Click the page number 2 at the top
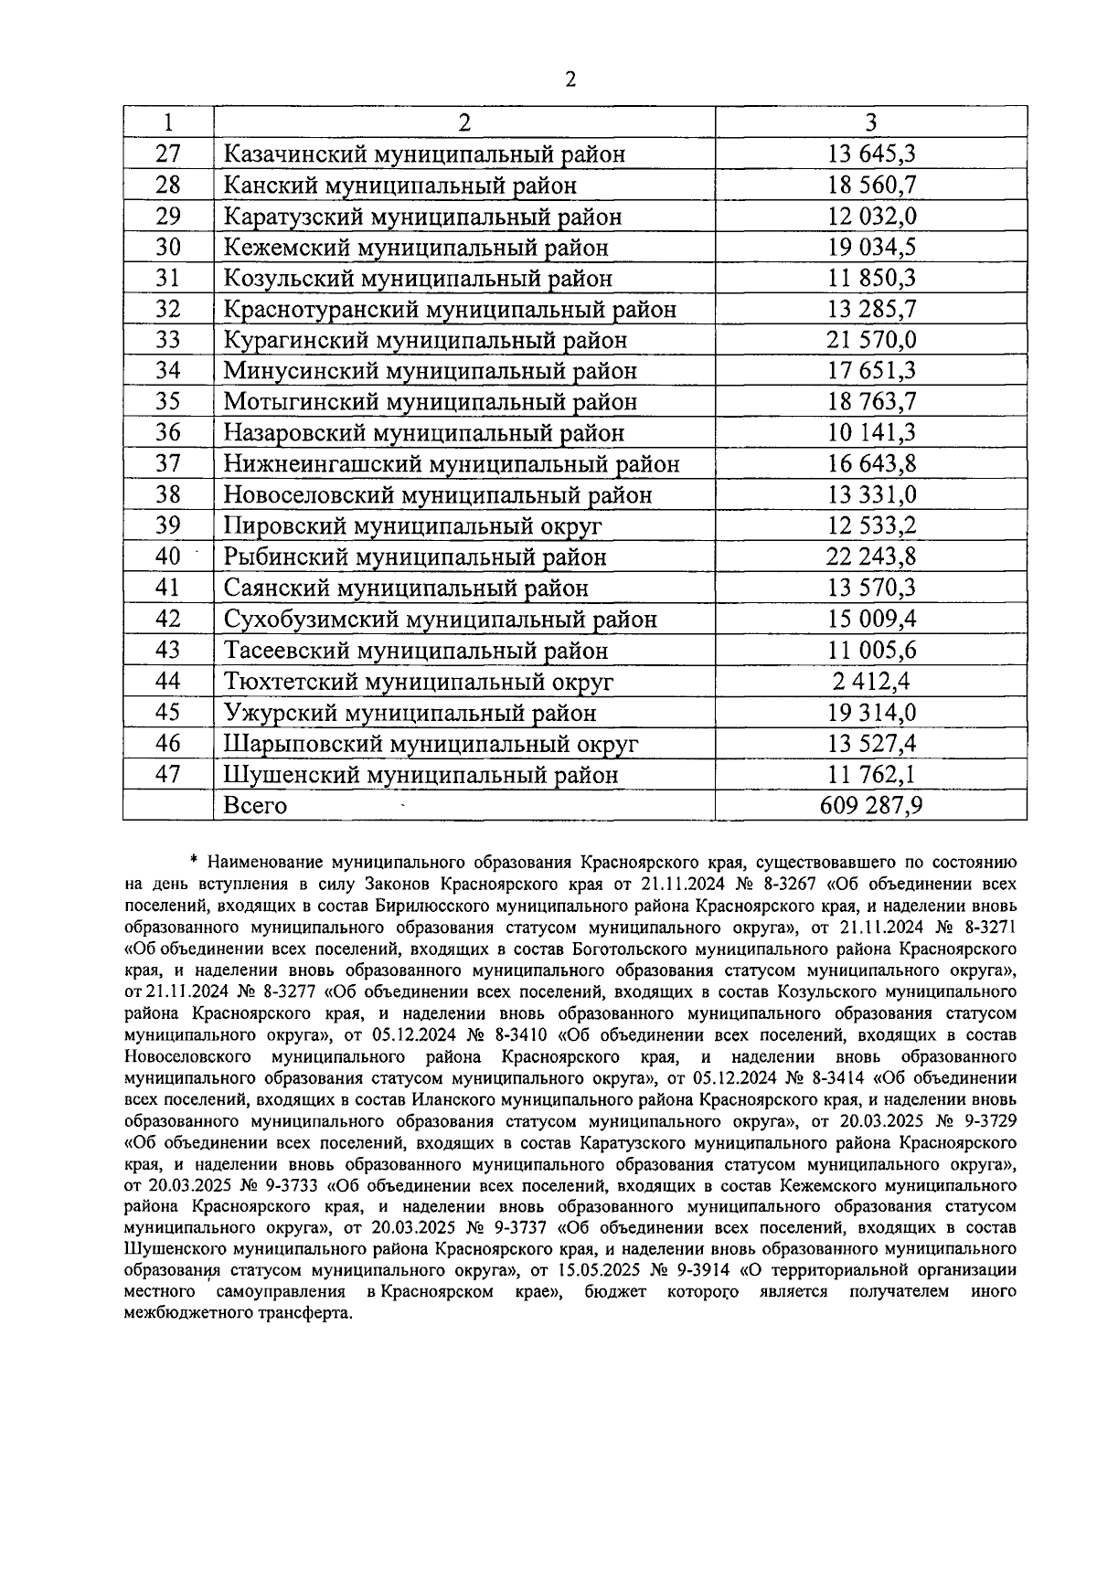click(570, 80)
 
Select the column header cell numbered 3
click(870, 122)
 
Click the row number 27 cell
click(168, 154)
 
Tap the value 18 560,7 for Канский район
click(870, 186)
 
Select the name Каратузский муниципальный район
click(422, 217)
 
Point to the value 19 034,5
click(870, 248)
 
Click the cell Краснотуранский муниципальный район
click(450, 310)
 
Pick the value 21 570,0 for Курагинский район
click(870, 341)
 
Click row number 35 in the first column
click(168, 402)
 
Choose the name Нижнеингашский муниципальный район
click(452, 464)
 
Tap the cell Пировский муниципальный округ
click(412, 526)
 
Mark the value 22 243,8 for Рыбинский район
click(870, 557)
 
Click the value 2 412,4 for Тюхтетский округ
click(870, 682)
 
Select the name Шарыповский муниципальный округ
click(431, 744)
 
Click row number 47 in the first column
click(168, 774)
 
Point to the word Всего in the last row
click(255, 806)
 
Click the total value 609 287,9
click(870, 806)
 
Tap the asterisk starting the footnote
click(194, 860)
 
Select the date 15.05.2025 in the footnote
click(595, 1269)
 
